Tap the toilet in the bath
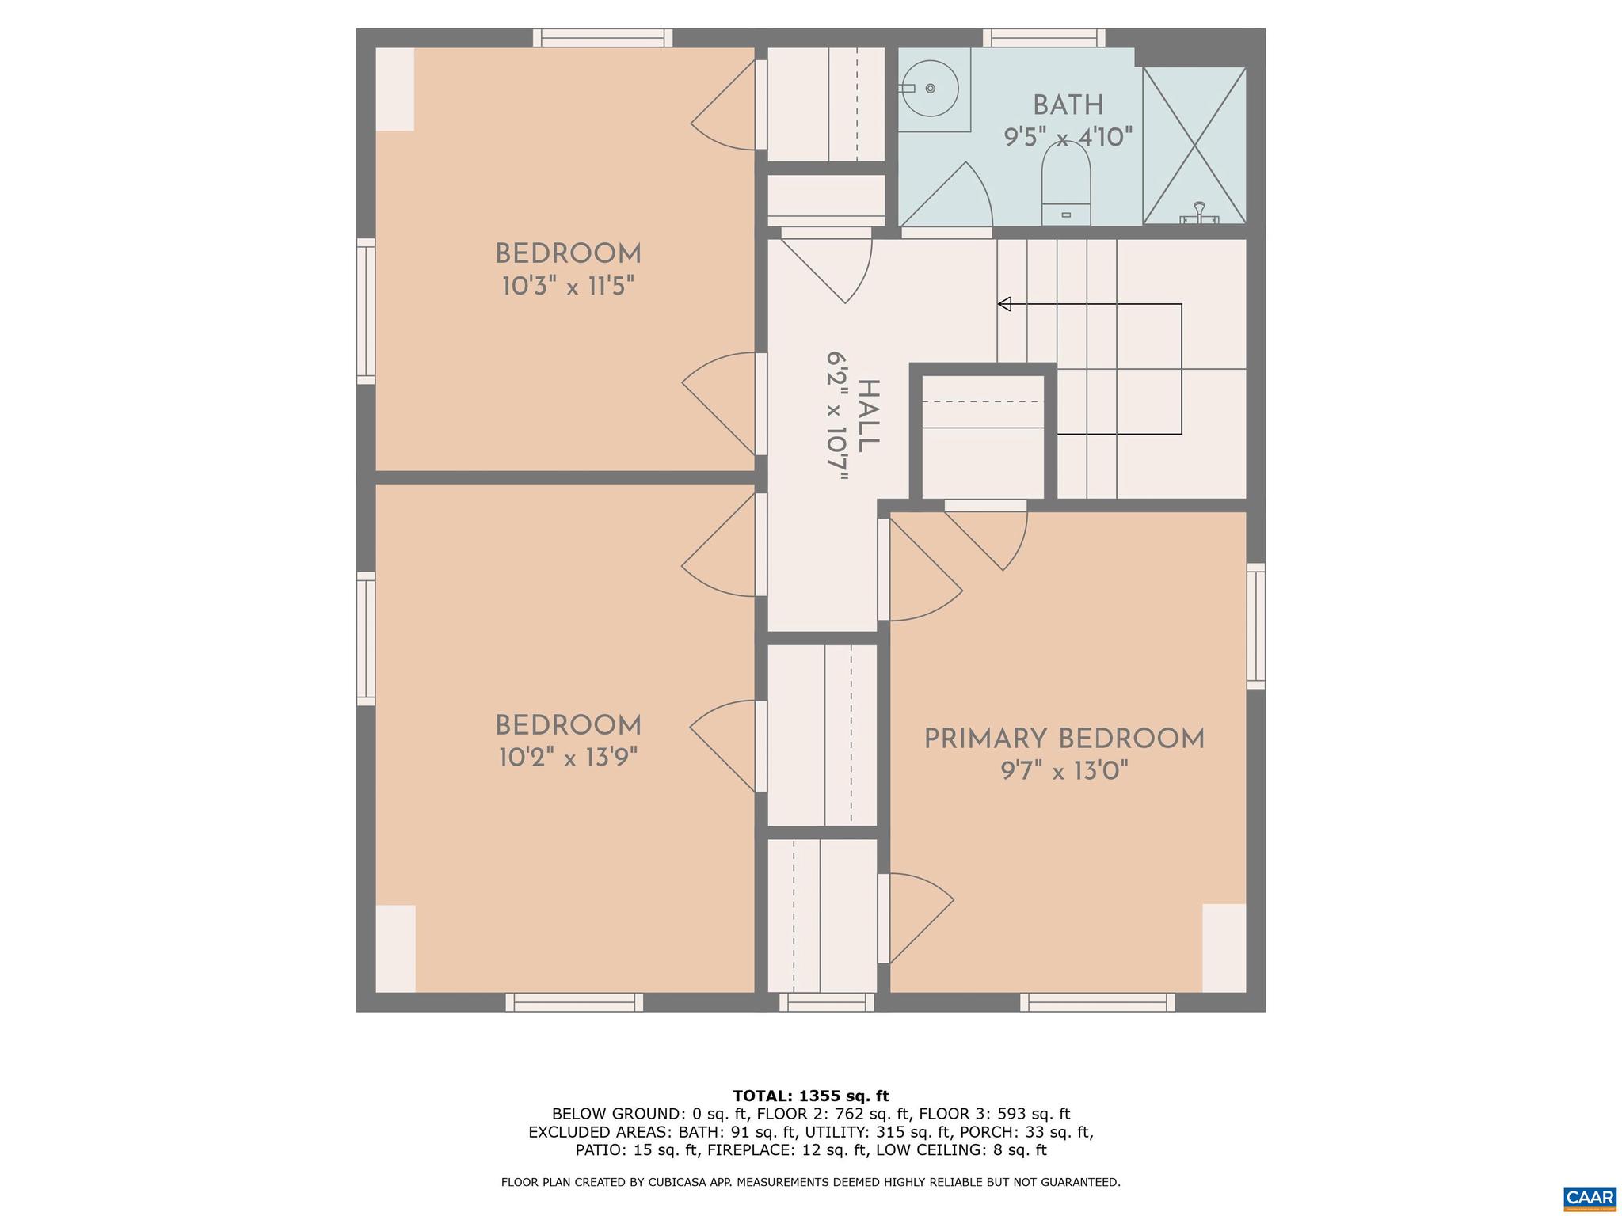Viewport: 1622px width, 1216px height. click(1065, 186)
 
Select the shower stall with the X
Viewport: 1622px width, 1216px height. click(1194, 145)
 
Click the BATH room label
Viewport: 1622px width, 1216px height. click(1068, 105)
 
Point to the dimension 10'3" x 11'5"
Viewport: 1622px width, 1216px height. click(568, 286)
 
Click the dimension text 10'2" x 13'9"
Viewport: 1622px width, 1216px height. click(568, 758)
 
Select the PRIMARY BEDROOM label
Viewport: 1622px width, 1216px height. click(1064, 739)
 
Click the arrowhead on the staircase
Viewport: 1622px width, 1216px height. click(1004, 304)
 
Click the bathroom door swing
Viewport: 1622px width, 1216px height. click(950, 198)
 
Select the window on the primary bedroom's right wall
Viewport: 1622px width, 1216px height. click(1255, 625)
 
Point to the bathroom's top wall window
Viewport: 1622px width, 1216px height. click(1044, 37)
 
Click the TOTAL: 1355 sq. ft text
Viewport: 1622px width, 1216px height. click(810, 1096)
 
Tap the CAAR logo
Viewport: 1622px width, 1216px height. click(1590, 1198)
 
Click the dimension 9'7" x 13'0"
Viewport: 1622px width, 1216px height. click(1064, 771)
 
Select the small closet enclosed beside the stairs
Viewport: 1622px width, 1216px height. click(983, 435)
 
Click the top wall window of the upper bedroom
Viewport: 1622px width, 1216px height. click(602, 37)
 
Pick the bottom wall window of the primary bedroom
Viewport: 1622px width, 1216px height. click(1097, 1002)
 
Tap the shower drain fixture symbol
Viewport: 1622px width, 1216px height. click(1199, 212)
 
